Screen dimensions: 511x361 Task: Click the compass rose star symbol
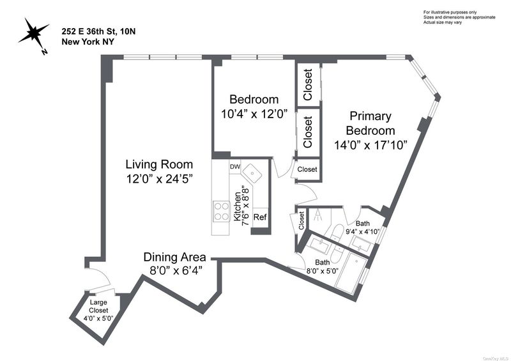click(33, 33)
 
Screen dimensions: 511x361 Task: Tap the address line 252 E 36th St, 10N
click(99, 32)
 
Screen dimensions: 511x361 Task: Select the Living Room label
click(159, 164)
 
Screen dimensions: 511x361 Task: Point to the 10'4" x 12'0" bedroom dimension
click(254, 114)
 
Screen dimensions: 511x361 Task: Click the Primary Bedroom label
click(370, 123)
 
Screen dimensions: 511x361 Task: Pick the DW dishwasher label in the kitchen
click(235, 167)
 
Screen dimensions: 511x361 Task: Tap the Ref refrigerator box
click(260, 217)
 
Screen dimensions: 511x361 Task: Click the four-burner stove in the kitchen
click(221, 211)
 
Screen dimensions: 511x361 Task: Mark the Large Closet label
click(98, 306)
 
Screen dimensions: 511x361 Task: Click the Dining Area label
click(174, 257)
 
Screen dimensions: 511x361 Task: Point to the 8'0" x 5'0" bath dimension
click(323, 270)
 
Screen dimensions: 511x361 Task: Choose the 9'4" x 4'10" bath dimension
click(363, 232)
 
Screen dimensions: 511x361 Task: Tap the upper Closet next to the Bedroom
click(308, 84)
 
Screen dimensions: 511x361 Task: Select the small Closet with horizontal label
click(307, 169)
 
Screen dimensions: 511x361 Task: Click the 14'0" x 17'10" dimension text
click(371, 144)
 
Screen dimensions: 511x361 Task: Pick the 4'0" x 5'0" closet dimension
click(98, 318)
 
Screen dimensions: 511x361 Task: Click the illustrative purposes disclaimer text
click(459, 17)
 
